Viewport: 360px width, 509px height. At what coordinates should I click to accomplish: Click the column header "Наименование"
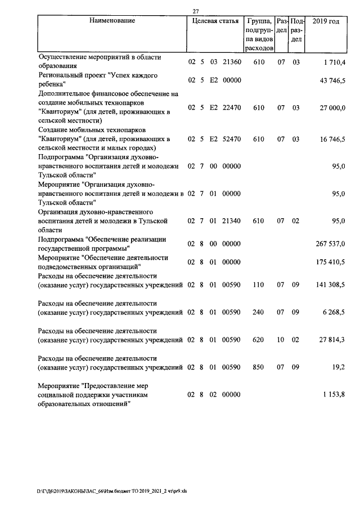tap(112, 21)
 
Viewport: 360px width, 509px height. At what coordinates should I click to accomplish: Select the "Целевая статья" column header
tap(215, 21)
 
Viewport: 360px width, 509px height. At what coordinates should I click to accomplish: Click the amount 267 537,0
tap(330, 244)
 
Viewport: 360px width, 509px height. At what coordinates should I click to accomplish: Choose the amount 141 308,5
tap(330, 285)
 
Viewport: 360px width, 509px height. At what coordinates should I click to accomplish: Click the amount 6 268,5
tap(334, 311)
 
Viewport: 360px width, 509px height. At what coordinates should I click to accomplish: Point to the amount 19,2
tap(339, 367)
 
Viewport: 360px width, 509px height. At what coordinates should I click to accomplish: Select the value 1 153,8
tap(334, 396)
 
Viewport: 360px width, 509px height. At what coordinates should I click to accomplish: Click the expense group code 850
tap(259, 367)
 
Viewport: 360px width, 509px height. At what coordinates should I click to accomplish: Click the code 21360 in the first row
tap(232, 61)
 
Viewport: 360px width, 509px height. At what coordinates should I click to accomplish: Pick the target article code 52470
tap(232, 138)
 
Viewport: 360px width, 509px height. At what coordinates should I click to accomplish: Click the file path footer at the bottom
tap(115, 490)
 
